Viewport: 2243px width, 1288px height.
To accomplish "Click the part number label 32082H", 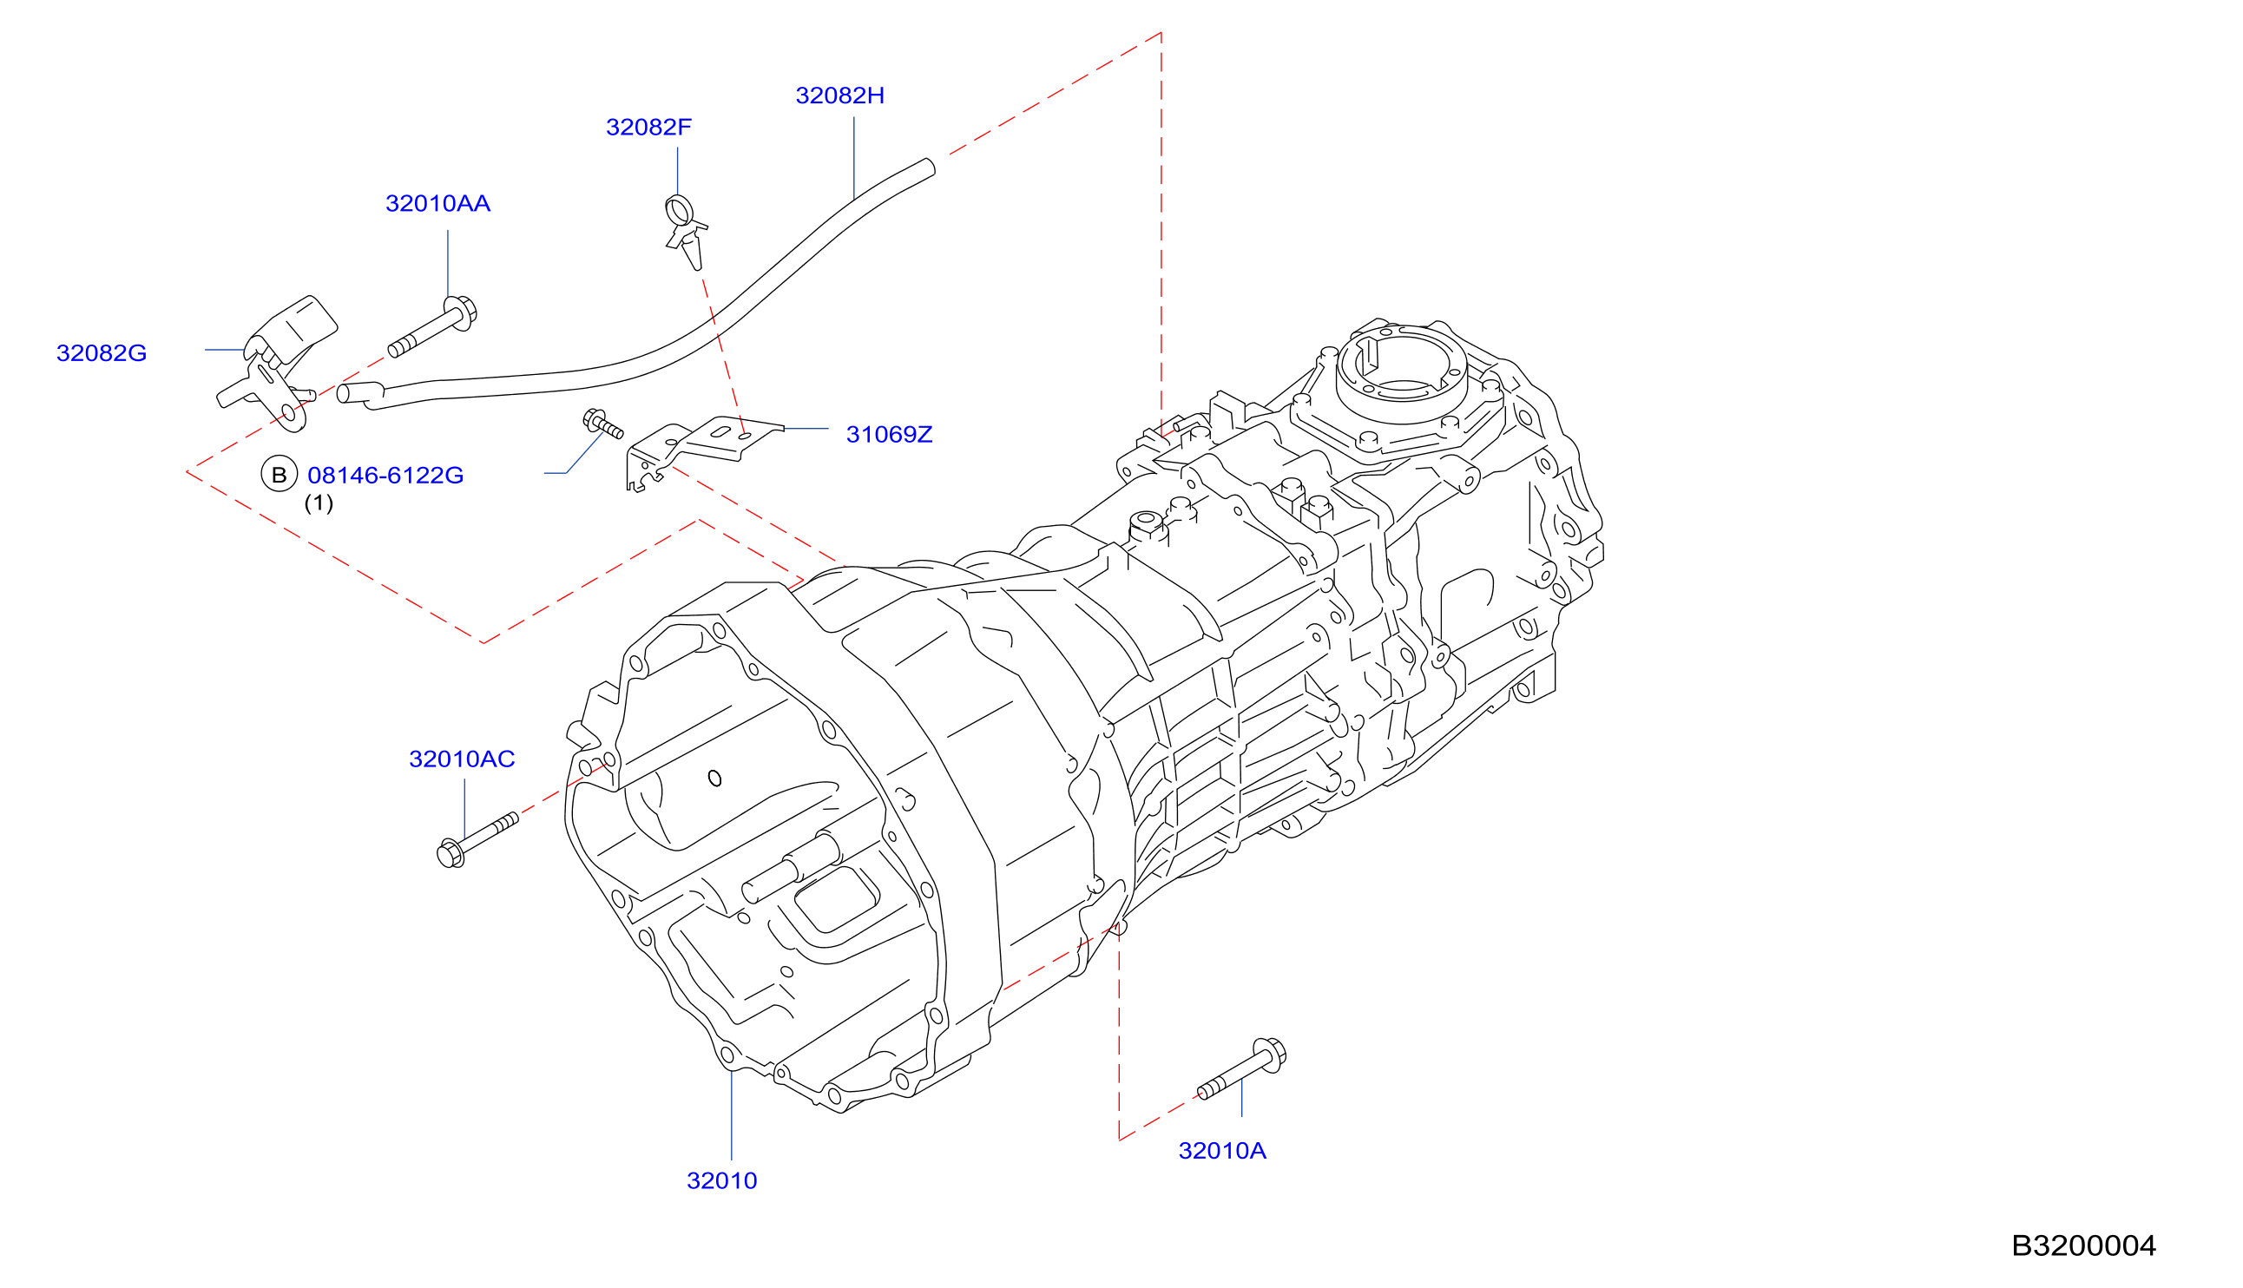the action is pyautogui.click(x=839, y=95).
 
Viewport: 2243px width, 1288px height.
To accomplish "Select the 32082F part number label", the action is pyautogui.click(x=648, y=128).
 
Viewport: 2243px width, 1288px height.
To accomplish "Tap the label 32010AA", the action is pyautogui.click(x=437, y=203).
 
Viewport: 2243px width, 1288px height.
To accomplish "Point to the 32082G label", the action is pyautogui.click(x=102, y=353).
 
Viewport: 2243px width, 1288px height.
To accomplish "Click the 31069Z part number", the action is pyautogui.click(x=889, y=434).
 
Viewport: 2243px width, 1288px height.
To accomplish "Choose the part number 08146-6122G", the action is pyautogui.click(x=385, y=475).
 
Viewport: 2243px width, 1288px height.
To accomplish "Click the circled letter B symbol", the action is pyautogui.click(x=280, y=474).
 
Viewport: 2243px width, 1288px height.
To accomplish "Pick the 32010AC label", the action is pyautogui.click(x=462, y=759).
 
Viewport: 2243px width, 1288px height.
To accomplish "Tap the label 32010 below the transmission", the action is pyautogui.click(x=721, y=1181).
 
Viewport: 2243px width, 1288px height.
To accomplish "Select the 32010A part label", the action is pyautogui.click(x=1222, y=1151).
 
